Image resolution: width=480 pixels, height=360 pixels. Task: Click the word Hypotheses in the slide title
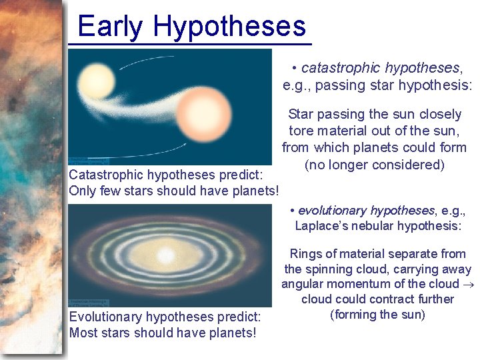pyautogui.click(x=229, y=27)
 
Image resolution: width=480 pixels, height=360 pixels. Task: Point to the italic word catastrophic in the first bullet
pyautogui.click(x=342, y=68)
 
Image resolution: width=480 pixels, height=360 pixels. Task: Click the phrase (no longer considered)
pyautogui.click(x=374, y=165)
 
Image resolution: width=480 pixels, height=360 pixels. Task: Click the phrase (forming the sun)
pyautogui.click(x=377, y=315)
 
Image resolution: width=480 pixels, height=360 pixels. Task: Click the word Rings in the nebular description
pyautogui.click(x=305, y=254)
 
